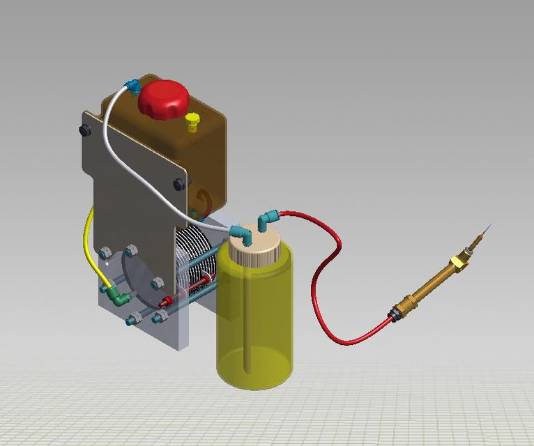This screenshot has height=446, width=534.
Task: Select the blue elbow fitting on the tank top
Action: coord(131,86)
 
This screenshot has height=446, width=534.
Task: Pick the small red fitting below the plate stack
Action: coord(165,302)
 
